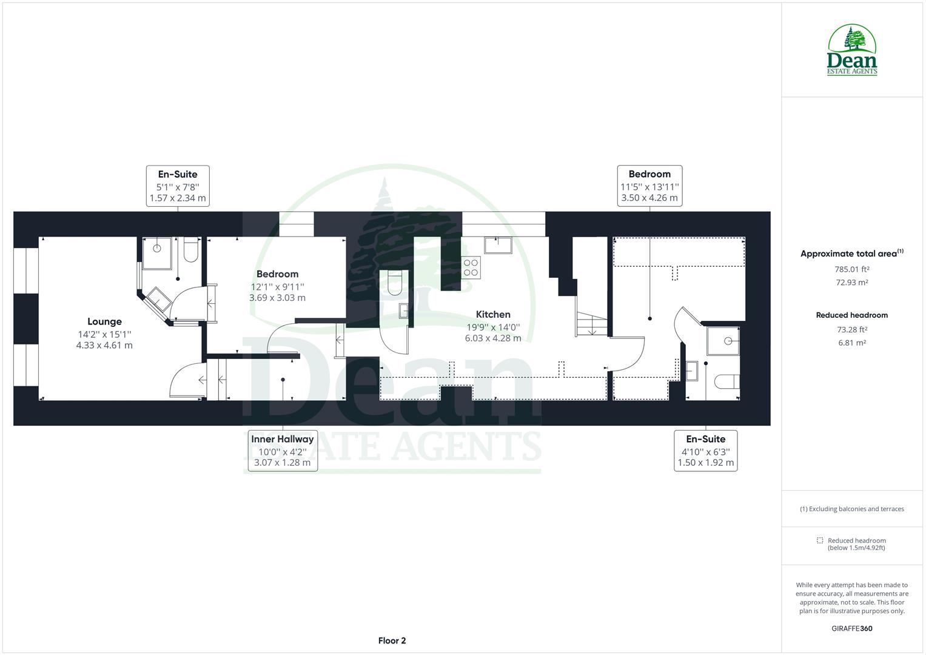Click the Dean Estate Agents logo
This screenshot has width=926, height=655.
click(852, 50)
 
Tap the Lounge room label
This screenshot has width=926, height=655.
click(104, 322)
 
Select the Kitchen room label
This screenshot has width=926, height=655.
click(493, 314)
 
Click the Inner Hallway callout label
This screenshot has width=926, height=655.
click(283, 439)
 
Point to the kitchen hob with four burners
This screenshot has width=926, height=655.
click(471, 267)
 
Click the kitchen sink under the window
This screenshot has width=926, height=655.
click(498, 246)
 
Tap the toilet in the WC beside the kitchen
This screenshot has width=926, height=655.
click(394, 283)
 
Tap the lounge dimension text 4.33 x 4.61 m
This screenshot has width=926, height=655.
click(104, 346)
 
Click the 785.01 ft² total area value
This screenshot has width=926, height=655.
click(852, 269)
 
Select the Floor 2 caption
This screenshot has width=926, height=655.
click(392, 640)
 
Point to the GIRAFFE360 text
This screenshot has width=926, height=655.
click(852, 628)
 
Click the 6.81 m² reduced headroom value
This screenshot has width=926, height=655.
click(852, 343)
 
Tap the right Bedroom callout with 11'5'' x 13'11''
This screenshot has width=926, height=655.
click(649, 186)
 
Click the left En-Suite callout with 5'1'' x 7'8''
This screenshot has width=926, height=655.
click(178, 186)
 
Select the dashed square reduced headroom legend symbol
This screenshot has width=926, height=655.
click(820, 540)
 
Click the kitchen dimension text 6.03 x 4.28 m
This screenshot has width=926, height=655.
click(493, 338)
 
